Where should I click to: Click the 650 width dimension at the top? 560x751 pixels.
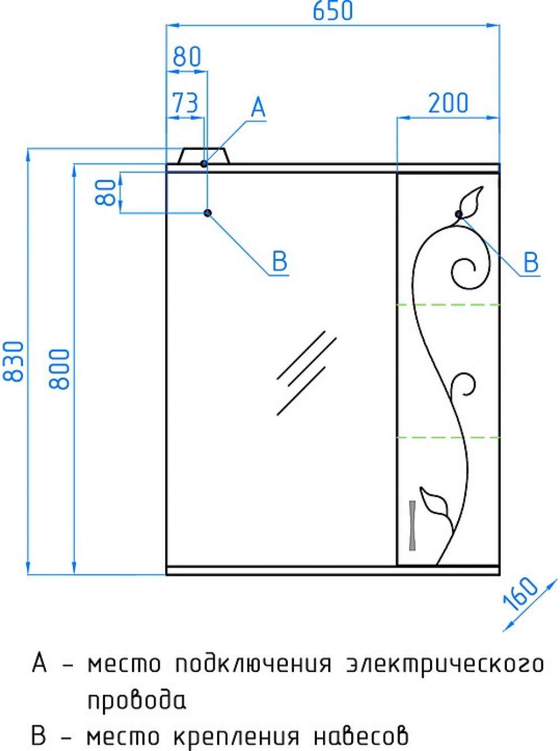[332, 11]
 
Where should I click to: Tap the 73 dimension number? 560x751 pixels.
[185, 103]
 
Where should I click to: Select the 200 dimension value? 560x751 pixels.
[448, 103]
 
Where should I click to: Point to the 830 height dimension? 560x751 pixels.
[13, 361]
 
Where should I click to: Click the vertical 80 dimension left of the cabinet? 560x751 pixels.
[105, 193]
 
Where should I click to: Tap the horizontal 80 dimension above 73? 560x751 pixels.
[186, 57]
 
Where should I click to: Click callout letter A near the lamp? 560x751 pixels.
[258, 106]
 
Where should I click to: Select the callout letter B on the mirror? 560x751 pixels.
[279, 261]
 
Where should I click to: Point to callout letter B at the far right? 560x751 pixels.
[531, 262]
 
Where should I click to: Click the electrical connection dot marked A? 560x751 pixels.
[204, 164]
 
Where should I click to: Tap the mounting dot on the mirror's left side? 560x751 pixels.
[208, 213]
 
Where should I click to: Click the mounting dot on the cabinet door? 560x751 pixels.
[459, 214]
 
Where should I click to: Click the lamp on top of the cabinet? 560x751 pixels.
[204, 156]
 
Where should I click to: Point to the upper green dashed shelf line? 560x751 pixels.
[448, 304]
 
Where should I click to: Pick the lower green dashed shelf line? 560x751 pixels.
[448, 437]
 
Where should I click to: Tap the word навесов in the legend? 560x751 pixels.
[361, 736]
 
